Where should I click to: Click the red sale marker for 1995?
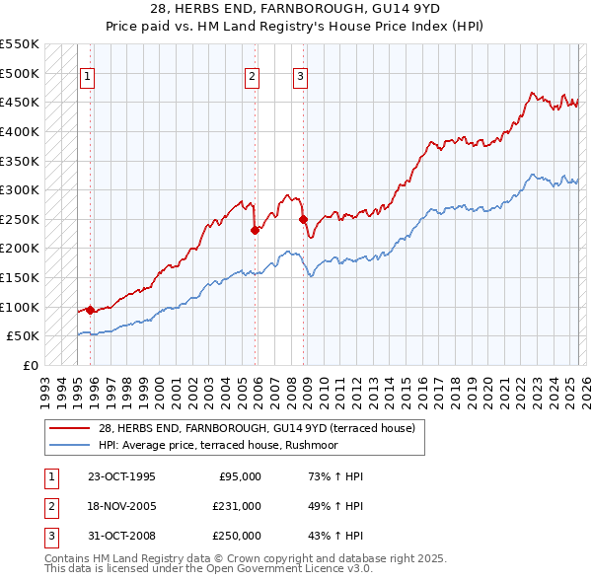click(x=90, y=310)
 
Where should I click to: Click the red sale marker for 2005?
click(x=255, y=230)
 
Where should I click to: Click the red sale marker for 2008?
click(x=303, y=219)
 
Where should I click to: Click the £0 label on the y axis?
click(x=32, y=365)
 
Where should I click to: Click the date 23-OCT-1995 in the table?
click(x=121, y=476)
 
